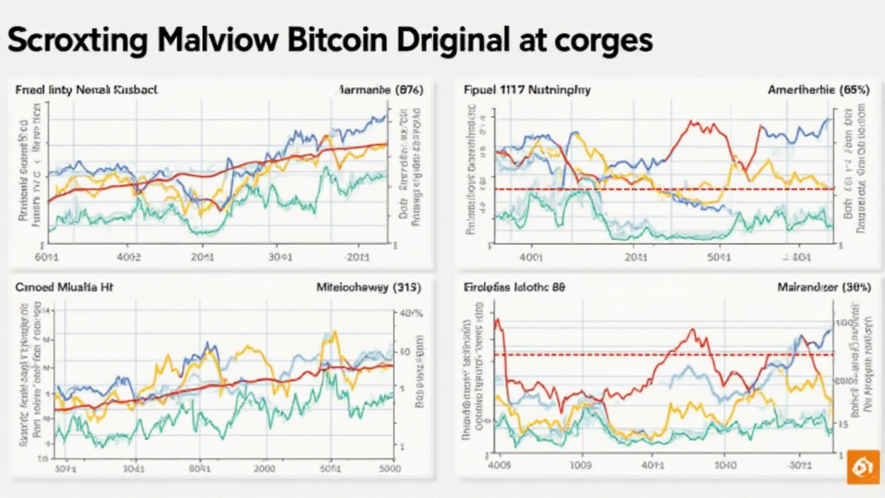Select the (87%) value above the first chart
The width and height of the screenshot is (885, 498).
coord(400,89)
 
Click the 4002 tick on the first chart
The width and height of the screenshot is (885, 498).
coord(127,256)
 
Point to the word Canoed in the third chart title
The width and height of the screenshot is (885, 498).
coord(35,284)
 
